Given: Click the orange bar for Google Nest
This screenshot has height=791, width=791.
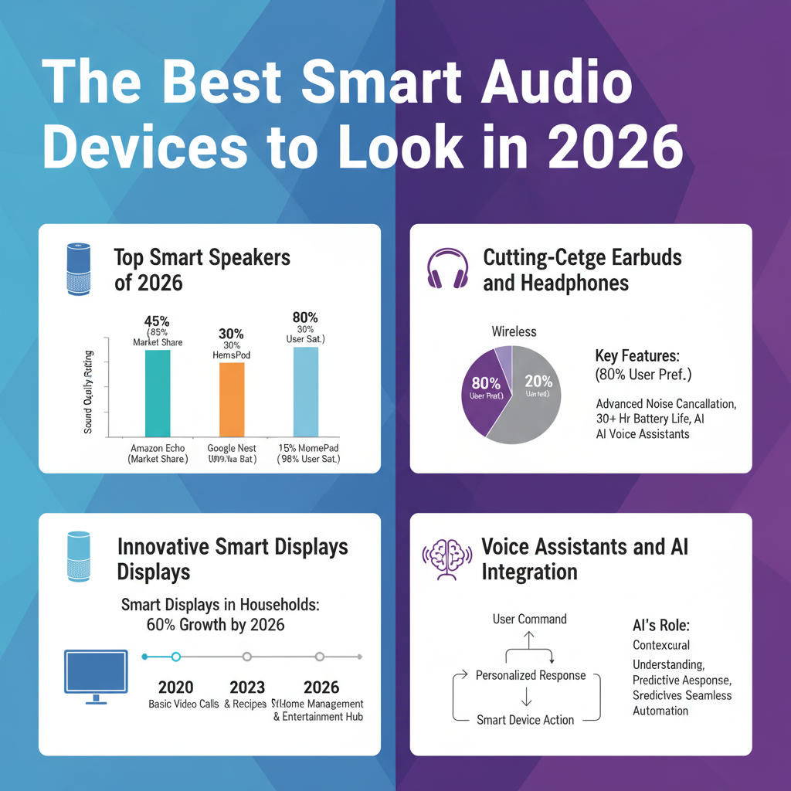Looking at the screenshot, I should pos(232,399).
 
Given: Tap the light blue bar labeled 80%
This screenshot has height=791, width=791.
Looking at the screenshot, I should pos(306,392).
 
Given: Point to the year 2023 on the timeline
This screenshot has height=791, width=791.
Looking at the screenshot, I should pos(247,687).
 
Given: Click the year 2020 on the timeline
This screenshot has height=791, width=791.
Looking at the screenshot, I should pos(175,687).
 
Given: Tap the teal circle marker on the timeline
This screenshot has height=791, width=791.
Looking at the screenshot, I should pos(175,657).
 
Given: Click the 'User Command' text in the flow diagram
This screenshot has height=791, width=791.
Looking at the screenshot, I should pos(529,619).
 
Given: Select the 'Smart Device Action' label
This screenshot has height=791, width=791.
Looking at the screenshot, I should pos(525,720).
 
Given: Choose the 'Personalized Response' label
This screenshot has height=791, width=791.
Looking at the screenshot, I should pos(530,675).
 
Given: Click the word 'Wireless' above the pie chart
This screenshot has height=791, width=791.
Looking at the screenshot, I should pos(514,331).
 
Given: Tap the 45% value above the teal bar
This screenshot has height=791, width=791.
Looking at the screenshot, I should pos(158,321).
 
